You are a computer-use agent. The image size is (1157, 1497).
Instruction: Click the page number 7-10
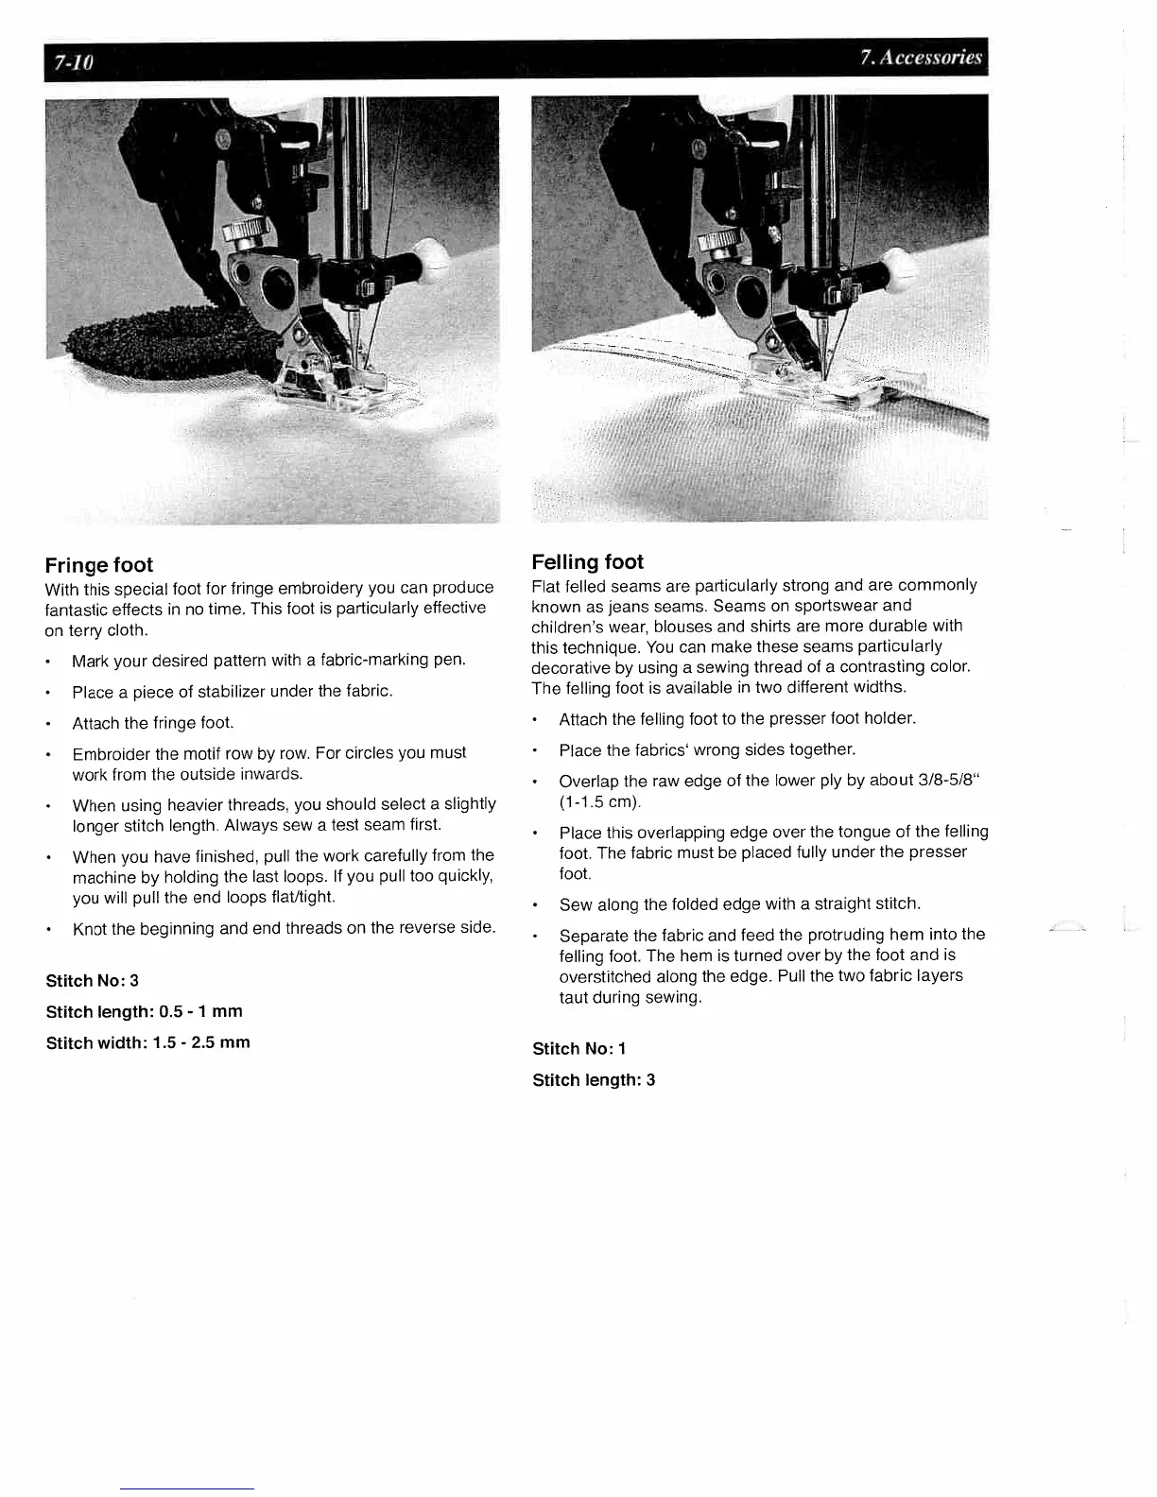[x=74, y=63]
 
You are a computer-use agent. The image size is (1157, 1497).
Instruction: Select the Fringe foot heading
[x=98, y=565]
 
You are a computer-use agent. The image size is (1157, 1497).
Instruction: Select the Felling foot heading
[x=587, y=562]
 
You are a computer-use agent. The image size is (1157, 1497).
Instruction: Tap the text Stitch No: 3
[x=92, y=981]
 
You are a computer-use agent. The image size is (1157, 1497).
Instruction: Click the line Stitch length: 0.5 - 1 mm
[x=144, y=1011]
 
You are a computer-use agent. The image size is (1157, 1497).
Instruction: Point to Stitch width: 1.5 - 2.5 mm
[x=147, y=1042]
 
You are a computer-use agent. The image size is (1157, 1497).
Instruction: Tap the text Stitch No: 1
[x=578, y=1049]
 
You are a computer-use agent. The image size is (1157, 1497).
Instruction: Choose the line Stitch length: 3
[x=594, y=1080]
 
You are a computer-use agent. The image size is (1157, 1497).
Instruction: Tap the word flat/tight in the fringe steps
[x=294, y=897]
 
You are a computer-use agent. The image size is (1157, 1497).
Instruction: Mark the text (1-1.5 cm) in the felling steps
[x=599, y=802]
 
